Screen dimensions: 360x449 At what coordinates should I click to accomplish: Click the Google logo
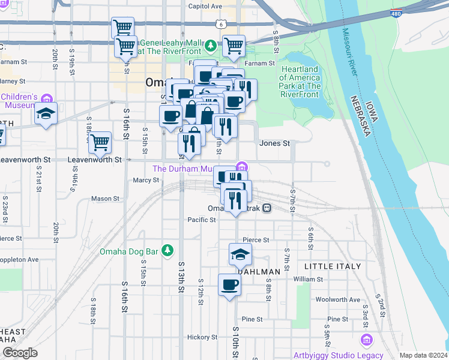(x=20, y=353)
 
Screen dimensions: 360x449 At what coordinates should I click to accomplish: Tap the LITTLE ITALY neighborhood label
(x=333, y=266)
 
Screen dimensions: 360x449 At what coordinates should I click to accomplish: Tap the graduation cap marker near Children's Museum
(x=46, y=114)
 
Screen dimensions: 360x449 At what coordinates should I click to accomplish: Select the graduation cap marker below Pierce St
(x=240, y=254)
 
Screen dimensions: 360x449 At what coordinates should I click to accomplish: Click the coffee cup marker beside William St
(x=229, y=284)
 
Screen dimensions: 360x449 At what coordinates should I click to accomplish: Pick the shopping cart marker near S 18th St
(x=100, y=142)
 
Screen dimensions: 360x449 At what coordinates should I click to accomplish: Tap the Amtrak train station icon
(x=267, y=208)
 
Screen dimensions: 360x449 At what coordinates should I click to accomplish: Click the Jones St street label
(x=274, y=143)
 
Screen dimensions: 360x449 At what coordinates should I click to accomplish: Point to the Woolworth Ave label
(x=337, y=299)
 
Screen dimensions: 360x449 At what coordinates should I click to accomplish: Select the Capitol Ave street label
(x=205, y=6)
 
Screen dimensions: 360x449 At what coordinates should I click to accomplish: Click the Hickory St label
(x=202, y=337)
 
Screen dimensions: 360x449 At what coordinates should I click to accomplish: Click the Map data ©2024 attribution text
(x=423, y=355)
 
